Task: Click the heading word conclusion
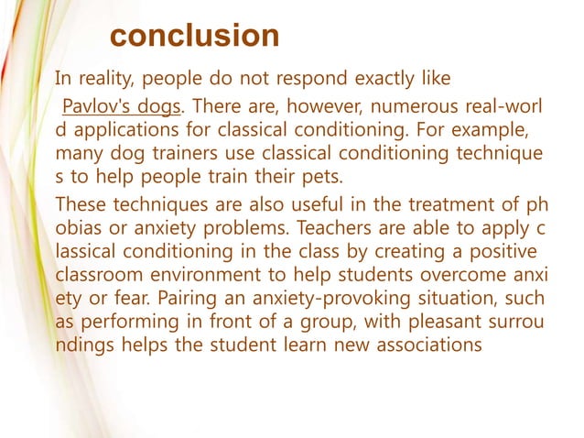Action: pos(195,36)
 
